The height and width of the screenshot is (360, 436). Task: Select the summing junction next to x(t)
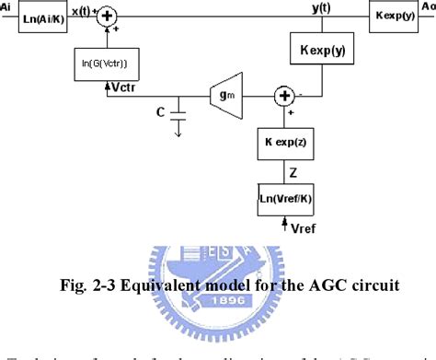click(x=109, y=15)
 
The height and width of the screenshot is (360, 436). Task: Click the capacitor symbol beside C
click(x=179, y=115)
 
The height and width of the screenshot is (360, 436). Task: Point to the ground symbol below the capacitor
click(x=179, y=132)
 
